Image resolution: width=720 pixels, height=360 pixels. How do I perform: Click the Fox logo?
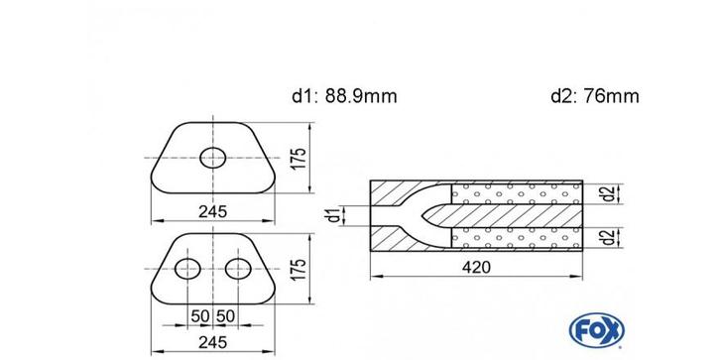(x=596, y=329)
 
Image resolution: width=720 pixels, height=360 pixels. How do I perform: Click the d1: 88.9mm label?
(x=344, y=96)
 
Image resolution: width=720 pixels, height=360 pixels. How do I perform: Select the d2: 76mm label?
(x=595, y=96)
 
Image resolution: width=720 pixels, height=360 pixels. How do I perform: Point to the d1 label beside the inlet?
(x=337, y=215)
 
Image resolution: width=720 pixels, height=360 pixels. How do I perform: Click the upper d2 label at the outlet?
(x=608, y=192)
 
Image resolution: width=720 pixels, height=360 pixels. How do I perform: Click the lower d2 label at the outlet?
(x=608, y=237)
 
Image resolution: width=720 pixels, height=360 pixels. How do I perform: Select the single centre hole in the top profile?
(x=213, y=158)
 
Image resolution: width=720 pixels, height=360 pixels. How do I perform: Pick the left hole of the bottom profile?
(x=187, y=269)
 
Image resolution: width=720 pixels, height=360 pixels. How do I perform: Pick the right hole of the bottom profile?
(x=238, y=269)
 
